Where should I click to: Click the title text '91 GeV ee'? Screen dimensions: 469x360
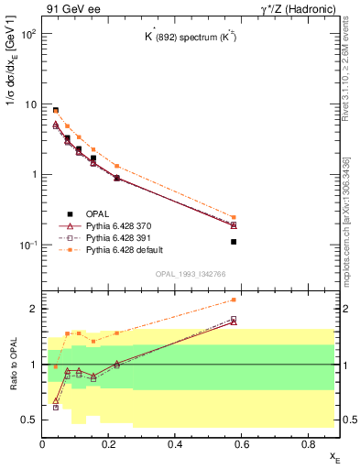click(x=70, y=9)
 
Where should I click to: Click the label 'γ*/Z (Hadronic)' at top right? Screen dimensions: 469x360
click(x=295, y=9)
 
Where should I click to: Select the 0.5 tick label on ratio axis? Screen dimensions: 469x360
click(x=30, y=420)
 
